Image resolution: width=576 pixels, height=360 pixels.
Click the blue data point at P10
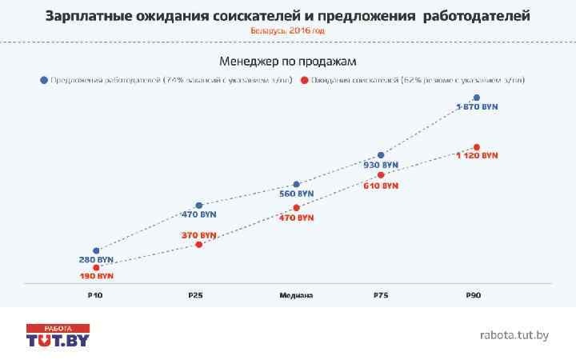click(x=96, y=251)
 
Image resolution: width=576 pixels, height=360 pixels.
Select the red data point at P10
click(x=96, y=267)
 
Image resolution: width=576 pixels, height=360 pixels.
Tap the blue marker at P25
click(x=199, y=206)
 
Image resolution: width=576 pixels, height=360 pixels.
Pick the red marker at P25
click(x=199, y=244)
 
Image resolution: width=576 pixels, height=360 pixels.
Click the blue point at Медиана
click(x=297, y=184)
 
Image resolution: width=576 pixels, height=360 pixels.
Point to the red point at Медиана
click(x=297, y=208)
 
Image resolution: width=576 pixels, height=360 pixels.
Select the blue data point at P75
click(x=381, y=155)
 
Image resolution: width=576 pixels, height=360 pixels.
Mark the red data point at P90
click(x=477, y=147)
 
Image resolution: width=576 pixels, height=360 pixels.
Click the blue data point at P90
click(x=477, y=98)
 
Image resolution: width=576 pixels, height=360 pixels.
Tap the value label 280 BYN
click(x=96, y=260)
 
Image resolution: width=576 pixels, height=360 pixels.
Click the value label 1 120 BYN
click(x=477, y=155)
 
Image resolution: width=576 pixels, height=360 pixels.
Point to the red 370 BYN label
click(x=199, y=235)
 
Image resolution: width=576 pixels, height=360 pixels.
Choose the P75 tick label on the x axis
click(x=381, y=296)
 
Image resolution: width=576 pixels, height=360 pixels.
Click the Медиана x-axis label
click(x=296, y=296)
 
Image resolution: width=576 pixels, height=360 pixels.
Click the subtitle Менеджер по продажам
click(x=287, y=61)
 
